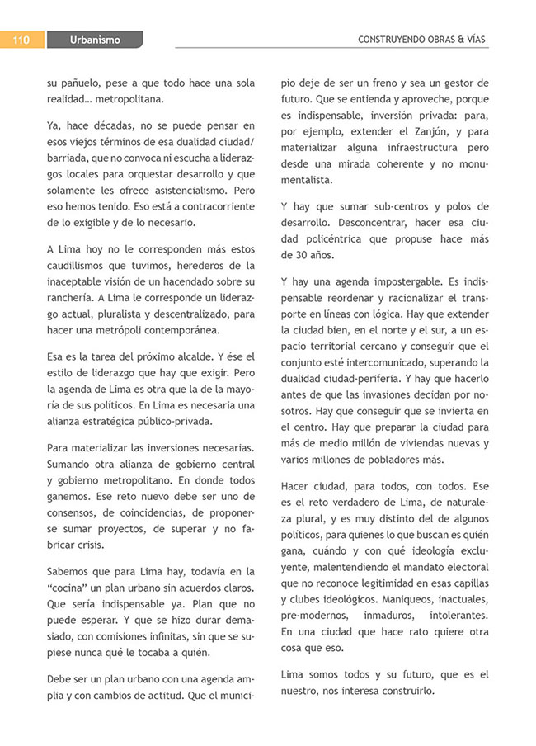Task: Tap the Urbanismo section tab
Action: (x=95, y=40)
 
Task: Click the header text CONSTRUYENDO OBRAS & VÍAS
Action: (x=423, y=40)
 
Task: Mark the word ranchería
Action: (x=73, y=298)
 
